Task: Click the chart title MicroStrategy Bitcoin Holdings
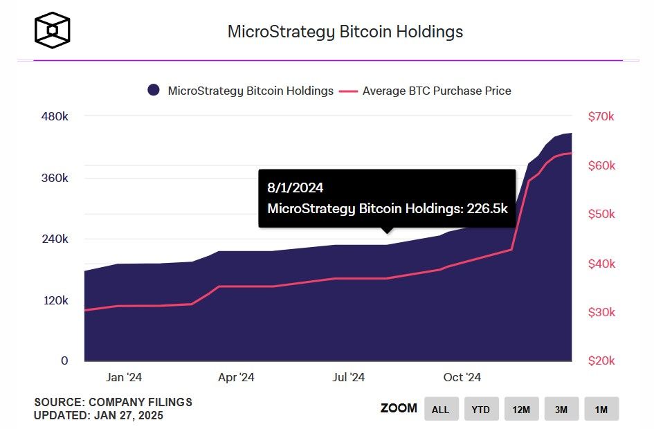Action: (x=345, y=32)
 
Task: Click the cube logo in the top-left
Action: (x=52, y=31)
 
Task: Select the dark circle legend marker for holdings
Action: (x=154, y=91)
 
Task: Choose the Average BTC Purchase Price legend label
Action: (x=437, y=91)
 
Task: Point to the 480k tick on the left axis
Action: (x=55, y=117)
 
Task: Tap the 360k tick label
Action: (x=55, y=178)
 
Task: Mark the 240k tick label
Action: (x=55, y=239)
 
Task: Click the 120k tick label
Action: (x=55, y=300)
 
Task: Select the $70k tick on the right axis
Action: (x=601, y=117)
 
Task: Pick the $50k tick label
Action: (x=601, y=214)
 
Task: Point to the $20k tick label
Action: (x=601, y=361)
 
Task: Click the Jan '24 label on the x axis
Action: (x=125, y=377)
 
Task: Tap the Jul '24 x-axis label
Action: (x=349, y=377)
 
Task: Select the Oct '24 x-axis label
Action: (x=462, y=377)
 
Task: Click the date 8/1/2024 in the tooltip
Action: (x=296, y=188)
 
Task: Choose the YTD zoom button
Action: (x=480, y=409)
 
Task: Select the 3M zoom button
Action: (x=561, y=409)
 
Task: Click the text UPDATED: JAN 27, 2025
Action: (x=99, y=415)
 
